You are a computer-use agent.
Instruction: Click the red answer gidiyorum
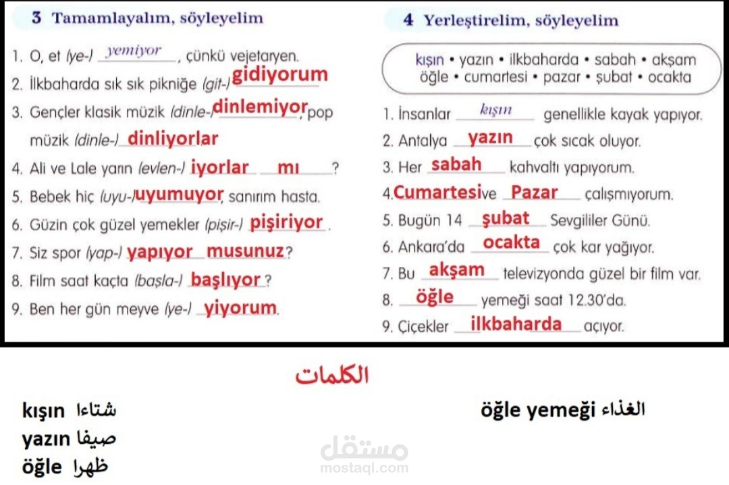[280, 75]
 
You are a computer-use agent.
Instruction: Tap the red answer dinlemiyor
[260, 107]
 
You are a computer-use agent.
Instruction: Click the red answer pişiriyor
[286, 223]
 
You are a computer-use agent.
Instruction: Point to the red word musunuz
[245, 251]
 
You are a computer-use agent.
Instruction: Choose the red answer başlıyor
[225, 280]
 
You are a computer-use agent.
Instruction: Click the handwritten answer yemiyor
[134, 50]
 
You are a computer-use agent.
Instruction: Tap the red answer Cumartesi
[437, 193]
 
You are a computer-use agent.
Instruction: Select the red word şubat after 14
[506, 218]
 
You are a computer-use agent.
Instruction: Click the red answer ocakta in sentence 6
[512, 242]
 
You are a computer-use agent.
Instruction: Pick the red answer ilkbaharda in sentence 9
[516, 324]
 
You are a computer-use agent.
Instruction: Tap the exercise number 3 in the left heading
[36, 18]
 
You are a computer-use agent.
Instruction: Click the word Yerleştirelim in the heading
[476, 21]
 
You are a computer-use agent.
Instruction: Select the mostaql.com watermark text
[364, 468]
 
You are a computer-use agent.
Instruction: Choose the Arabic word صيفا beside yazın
[97, 438]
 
